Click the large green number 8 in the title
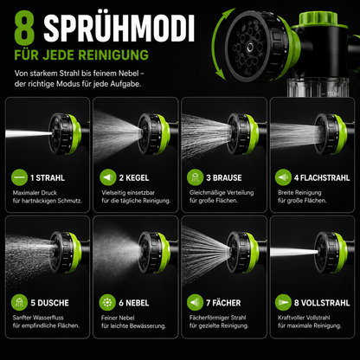(x=24, y=28)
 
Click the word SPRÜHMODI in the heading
(x=119, y=28)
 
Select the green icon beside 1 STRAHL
(x=19, y=177)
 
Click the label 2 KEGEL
(x=134, y=177)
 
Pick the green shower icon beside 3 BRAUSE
(x=195, y=177)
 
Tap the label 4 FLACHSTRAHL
(x=322, y=177)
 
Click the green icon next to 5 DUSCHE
(x=19, y=303)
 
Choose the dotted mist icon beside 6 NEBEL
(x=107, y=303)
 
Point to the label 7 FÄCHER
(x=223, y=303)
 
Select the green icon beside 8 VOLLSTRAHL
(x=283, y=303)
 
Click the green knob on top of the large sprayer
(x=318, y=19)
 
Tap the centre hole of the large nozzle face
(x=248, y=46)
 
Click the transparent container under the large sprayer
(x=318, y=87)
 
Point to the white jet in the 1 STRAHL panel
(x=29, y=133)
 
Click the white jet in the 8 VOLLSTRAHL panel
(x=294, y=252)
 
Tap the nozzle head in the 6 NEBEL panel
(x=154, y=253)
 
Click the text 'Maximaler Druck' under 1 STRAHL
(x=35, y=193)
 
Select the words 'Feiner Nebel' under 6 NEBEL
(x=118, y=318)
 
